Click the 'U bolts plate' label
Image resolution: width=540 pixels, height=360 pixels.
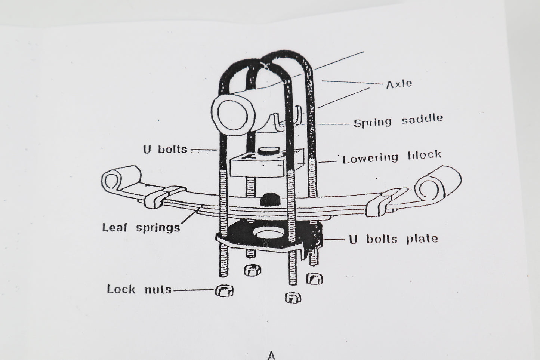(x=393, y=239)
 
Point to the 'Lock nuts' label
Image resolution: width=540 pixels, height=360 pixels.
(x=139, y=289)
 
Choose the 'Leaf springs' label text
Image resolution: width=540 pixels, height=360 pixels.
(x=141, y=227)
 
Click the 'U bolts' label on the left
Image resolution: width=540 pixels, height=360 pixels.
(x=165, y=149)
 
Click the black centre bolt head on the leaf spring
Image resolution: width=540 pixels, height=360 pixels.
(x=268, y=199)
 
